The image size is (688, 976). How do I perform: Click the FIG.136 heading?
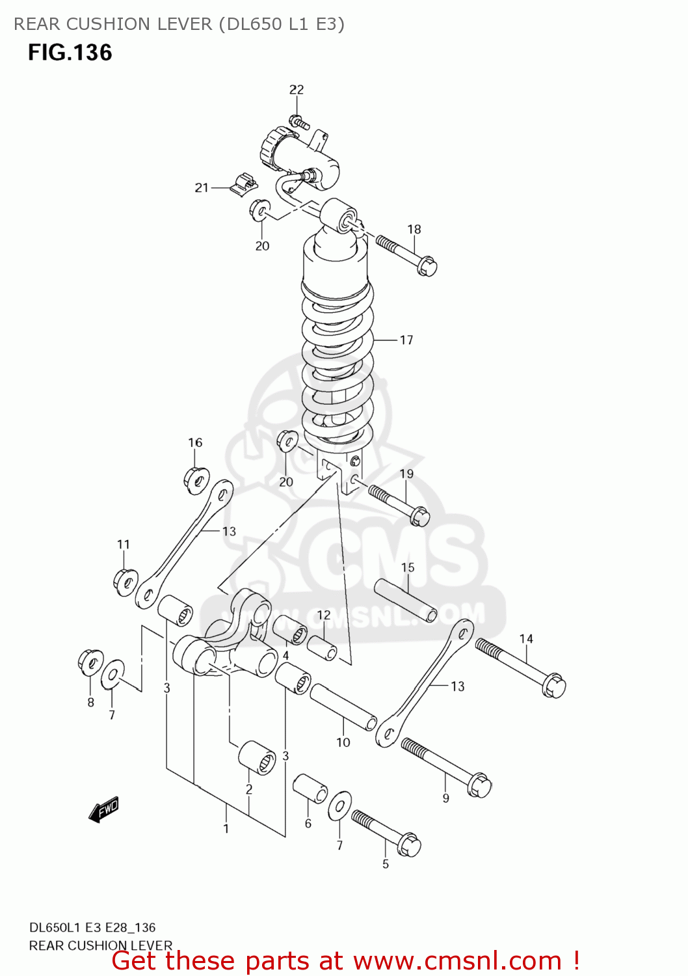[70, 53]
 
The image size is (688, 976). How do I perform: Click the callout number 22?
[297, 90]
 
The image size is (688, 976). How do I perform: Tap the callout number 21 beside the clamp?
[202, 187]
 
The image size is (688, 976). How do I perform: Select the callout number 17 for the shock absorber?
[406, 340]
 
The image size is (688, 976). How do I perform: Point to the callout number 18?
[414, 229]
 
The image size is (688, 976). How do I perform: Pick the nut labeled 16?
[196, 480]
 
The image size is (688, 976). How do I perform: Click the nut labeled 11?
[126, 580]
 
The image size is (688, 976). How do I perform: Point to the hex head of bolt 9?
[479, 785]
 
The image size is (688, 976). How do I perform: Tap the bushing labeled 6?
[310, 789]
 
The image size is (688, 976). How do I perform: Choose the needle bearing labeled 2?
[256, 757]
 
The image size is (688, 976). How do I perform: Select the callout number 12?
[324, 615]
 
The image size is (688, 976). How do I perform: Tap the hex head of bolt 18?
[427, 266]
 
